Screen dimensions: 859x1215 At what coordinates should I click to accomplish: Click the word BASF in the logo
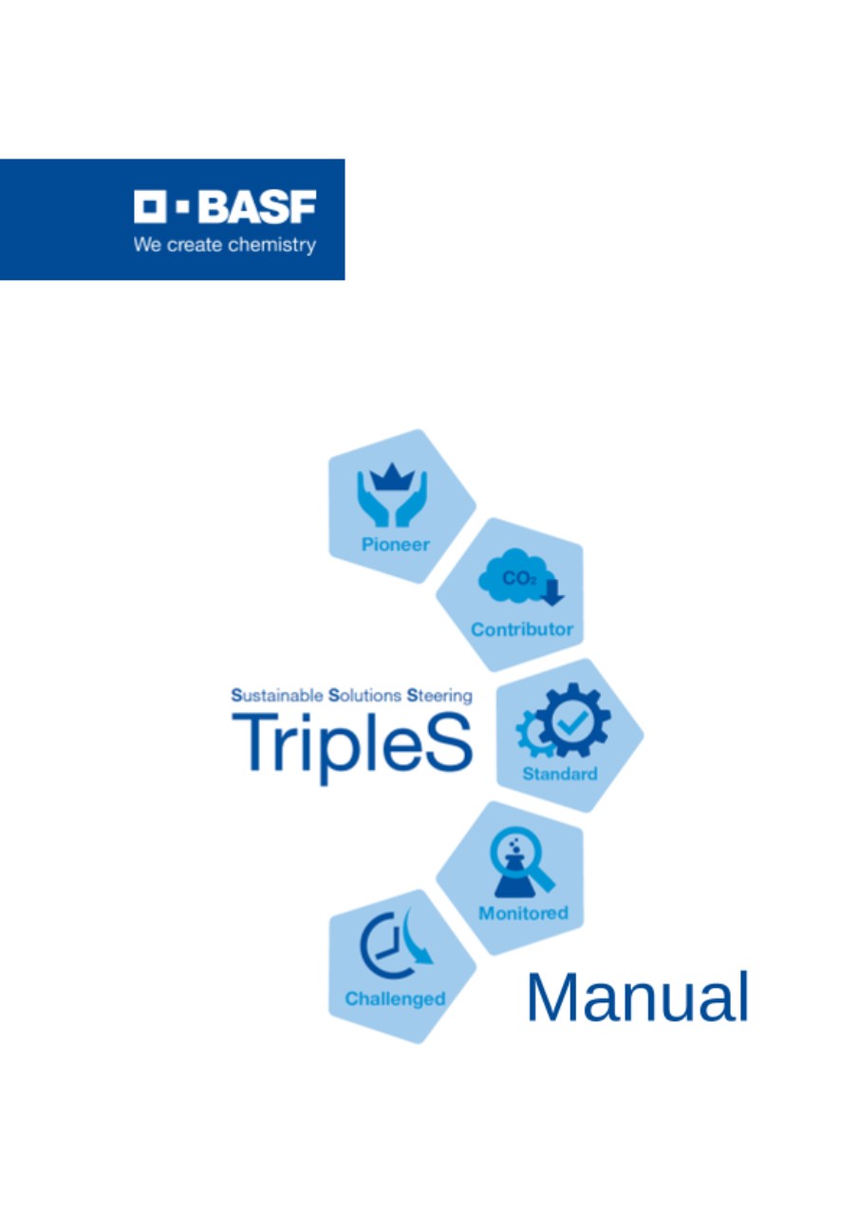[257, 206]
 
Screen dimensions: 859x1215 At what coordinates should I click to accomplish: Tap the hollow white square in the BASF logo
[150, 206]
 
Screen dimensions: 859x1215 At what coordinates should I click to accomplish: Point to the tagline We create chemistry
[225, 245]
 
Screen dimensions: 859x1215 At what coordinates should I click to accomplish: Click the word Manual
[638, 997]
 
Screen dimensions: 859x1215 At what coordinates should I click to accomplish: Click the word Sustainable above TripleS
[277, 695]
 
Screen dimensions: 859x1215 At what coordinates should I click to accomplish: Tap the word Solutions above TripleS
[365, 695]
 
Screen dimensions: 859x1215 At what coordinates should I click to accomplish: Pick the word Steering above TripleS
[439, 696]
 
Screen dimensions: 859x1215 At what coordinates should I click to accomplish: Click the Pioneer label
[396, 544]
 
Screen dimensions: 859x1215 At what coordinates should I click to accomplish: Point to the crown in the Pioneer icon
[392, 477]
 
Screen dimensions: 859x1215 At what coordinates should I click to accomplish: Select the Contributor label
[522, 629]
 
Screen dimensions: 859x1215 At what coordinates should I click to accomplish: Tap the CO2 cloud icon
[515, 576]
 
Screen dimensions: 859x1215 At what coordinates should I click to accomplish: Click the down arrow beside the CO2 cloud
[553, 592]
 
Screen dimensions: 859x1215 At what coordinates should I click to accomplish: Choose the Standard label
[560, 774]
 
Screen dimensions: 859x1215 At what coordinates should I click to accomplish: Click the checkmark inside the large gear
[572, 722]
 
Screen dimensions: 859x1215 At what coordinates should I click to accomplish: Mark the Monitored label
[523, 913]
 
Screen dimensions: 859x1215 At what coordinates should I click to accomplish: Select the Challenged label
[395, 999]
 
